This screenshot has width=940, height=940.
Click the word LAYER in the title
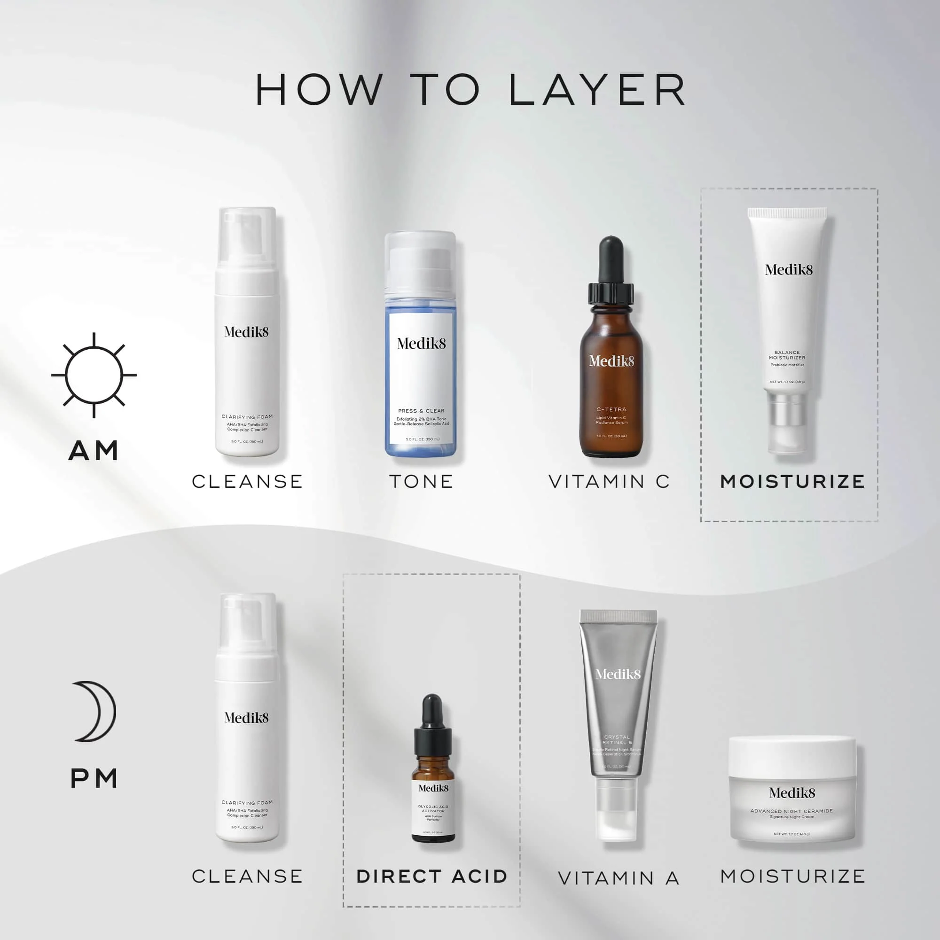(597, 90)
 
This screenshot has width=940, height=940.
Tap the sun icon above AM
(94, 375)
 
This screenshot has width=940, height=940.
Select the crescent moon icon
(95, 711)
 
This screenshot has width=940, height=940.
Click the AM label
(94, 451)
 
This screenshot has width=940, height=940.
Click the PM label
(94, 779)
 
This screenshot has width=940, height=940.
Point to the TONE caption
(421, 482)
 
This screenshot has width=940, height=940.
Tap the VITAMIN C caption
(609, 482)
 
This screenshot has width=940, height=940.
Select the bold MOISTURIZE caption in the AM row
(792, 482)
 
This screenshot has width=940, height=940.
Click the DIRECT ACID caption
(432, 876)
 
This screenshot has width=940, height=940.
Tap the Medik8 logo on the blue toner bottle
(421, 344)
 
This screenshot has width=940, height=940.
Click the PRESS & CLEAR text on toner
(421, 411)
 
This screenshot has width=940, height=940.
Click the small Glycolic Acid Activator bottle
(433, 788)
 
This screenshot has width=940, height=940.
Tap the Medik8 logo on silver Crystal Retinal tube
(618, 674)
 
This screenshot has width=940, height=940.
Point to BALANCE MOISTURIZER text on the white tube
(787, 355)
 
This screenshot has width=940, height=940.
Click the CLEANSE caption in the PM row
(247, 876)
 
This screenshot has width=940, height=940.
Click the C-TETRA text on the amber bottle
(611, 409)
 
